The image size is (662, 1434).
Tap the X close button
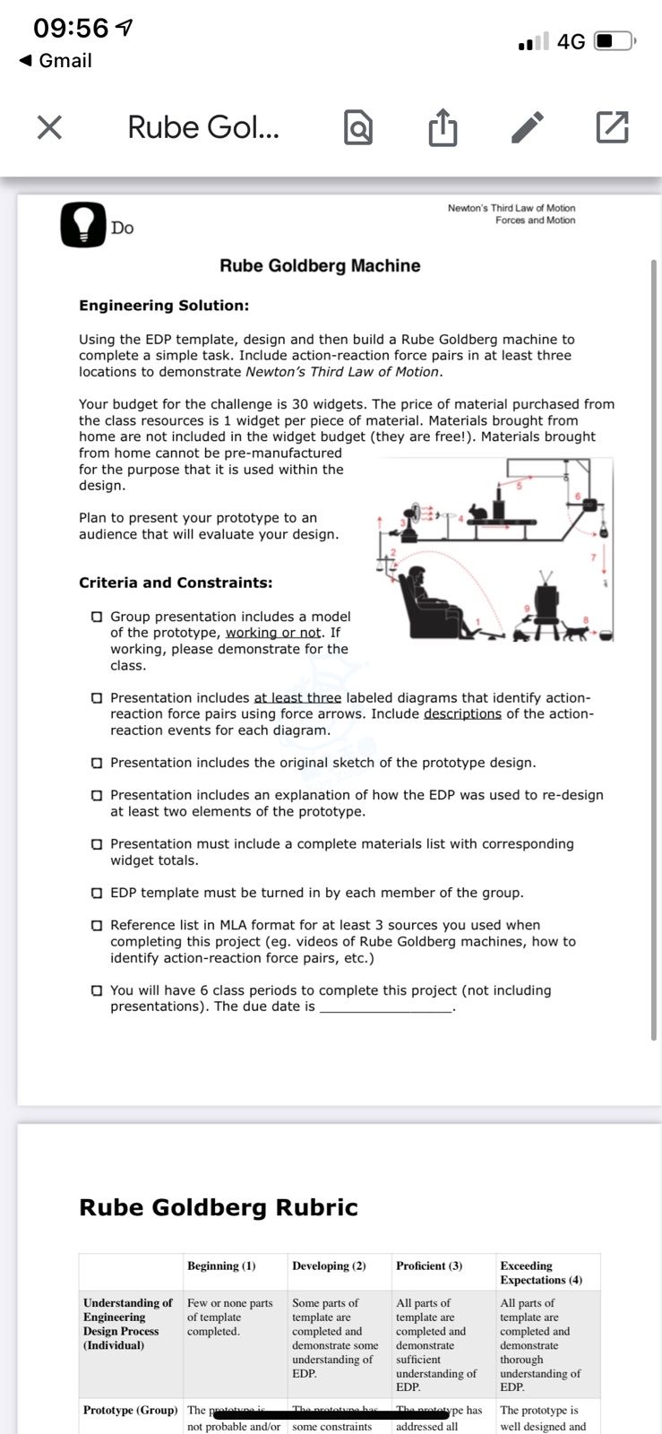click(49, 127)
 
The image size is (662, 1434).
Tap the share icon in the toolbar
click(442, 127)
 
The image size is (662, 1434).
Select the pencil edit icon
click(528, 127)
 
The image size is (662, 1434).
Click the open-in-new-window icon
click(612, 127)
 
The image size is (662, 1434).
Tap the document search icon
click(357, 127)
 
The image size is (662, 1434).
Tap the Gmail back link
click(56, 60)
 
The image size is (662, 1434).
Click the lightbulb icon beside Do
click(82, 224)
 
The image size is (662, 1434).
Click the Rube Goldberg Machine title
click(320, 265)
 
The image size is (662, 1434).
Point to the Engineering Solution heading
click(164, 306)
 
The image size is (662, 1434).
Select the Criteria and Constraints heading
click(176, 583)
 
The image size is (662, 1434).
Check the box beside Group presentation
click(96, 617)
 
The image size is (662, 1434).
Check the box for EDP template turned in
click(96, 893)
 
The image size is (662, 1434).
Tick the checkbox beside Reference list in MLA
click(96, 925)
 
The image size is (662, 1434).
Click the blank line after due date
click(386, 1007)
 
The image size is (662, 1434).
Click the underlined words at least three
click(297, 697)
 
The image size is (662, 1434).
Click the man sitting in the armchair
click(418, 602)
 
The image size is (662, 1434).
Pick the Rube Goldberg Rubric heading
click(219, 1207)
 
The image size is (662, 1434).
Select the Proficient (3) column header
click(429, 1266)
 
